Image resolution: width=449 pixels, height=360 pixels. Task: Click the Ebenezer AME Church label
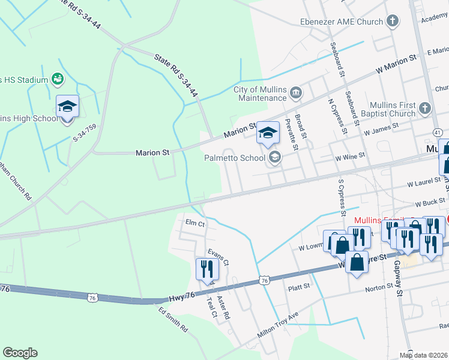(x=342, y=22)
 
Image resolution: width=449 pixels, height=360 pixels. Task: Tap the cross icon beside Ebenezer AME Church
(x=393, y=22)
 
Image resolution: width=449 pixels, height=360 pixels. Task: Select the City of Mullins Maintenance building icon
(x=297, y=93)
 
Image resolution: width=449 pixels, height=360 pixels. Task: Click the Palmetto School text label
(x=234, y=158)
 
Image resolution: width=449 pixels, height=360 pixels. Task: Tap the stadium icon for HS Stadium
(x=58, y=79)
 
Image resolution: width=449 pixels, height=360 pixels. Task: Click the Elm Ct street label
(x=195, y=223)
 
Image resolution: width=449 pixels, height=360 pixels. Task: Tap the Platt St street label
(x=298, y=287)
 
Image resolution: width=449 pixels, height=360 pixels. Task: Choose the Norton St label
(x=379, y=289)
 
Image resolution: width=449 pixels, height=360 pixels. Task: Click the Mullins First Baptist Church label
(x=393, y=109)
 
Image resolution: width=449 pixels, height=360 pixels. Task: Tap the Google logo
(x=20, y=353)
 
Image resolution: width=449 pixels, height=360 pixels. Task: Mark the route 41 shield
(x=437, y=131)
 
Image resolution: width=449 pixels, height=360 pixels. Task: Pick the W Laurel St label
(x=424, y=182)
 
